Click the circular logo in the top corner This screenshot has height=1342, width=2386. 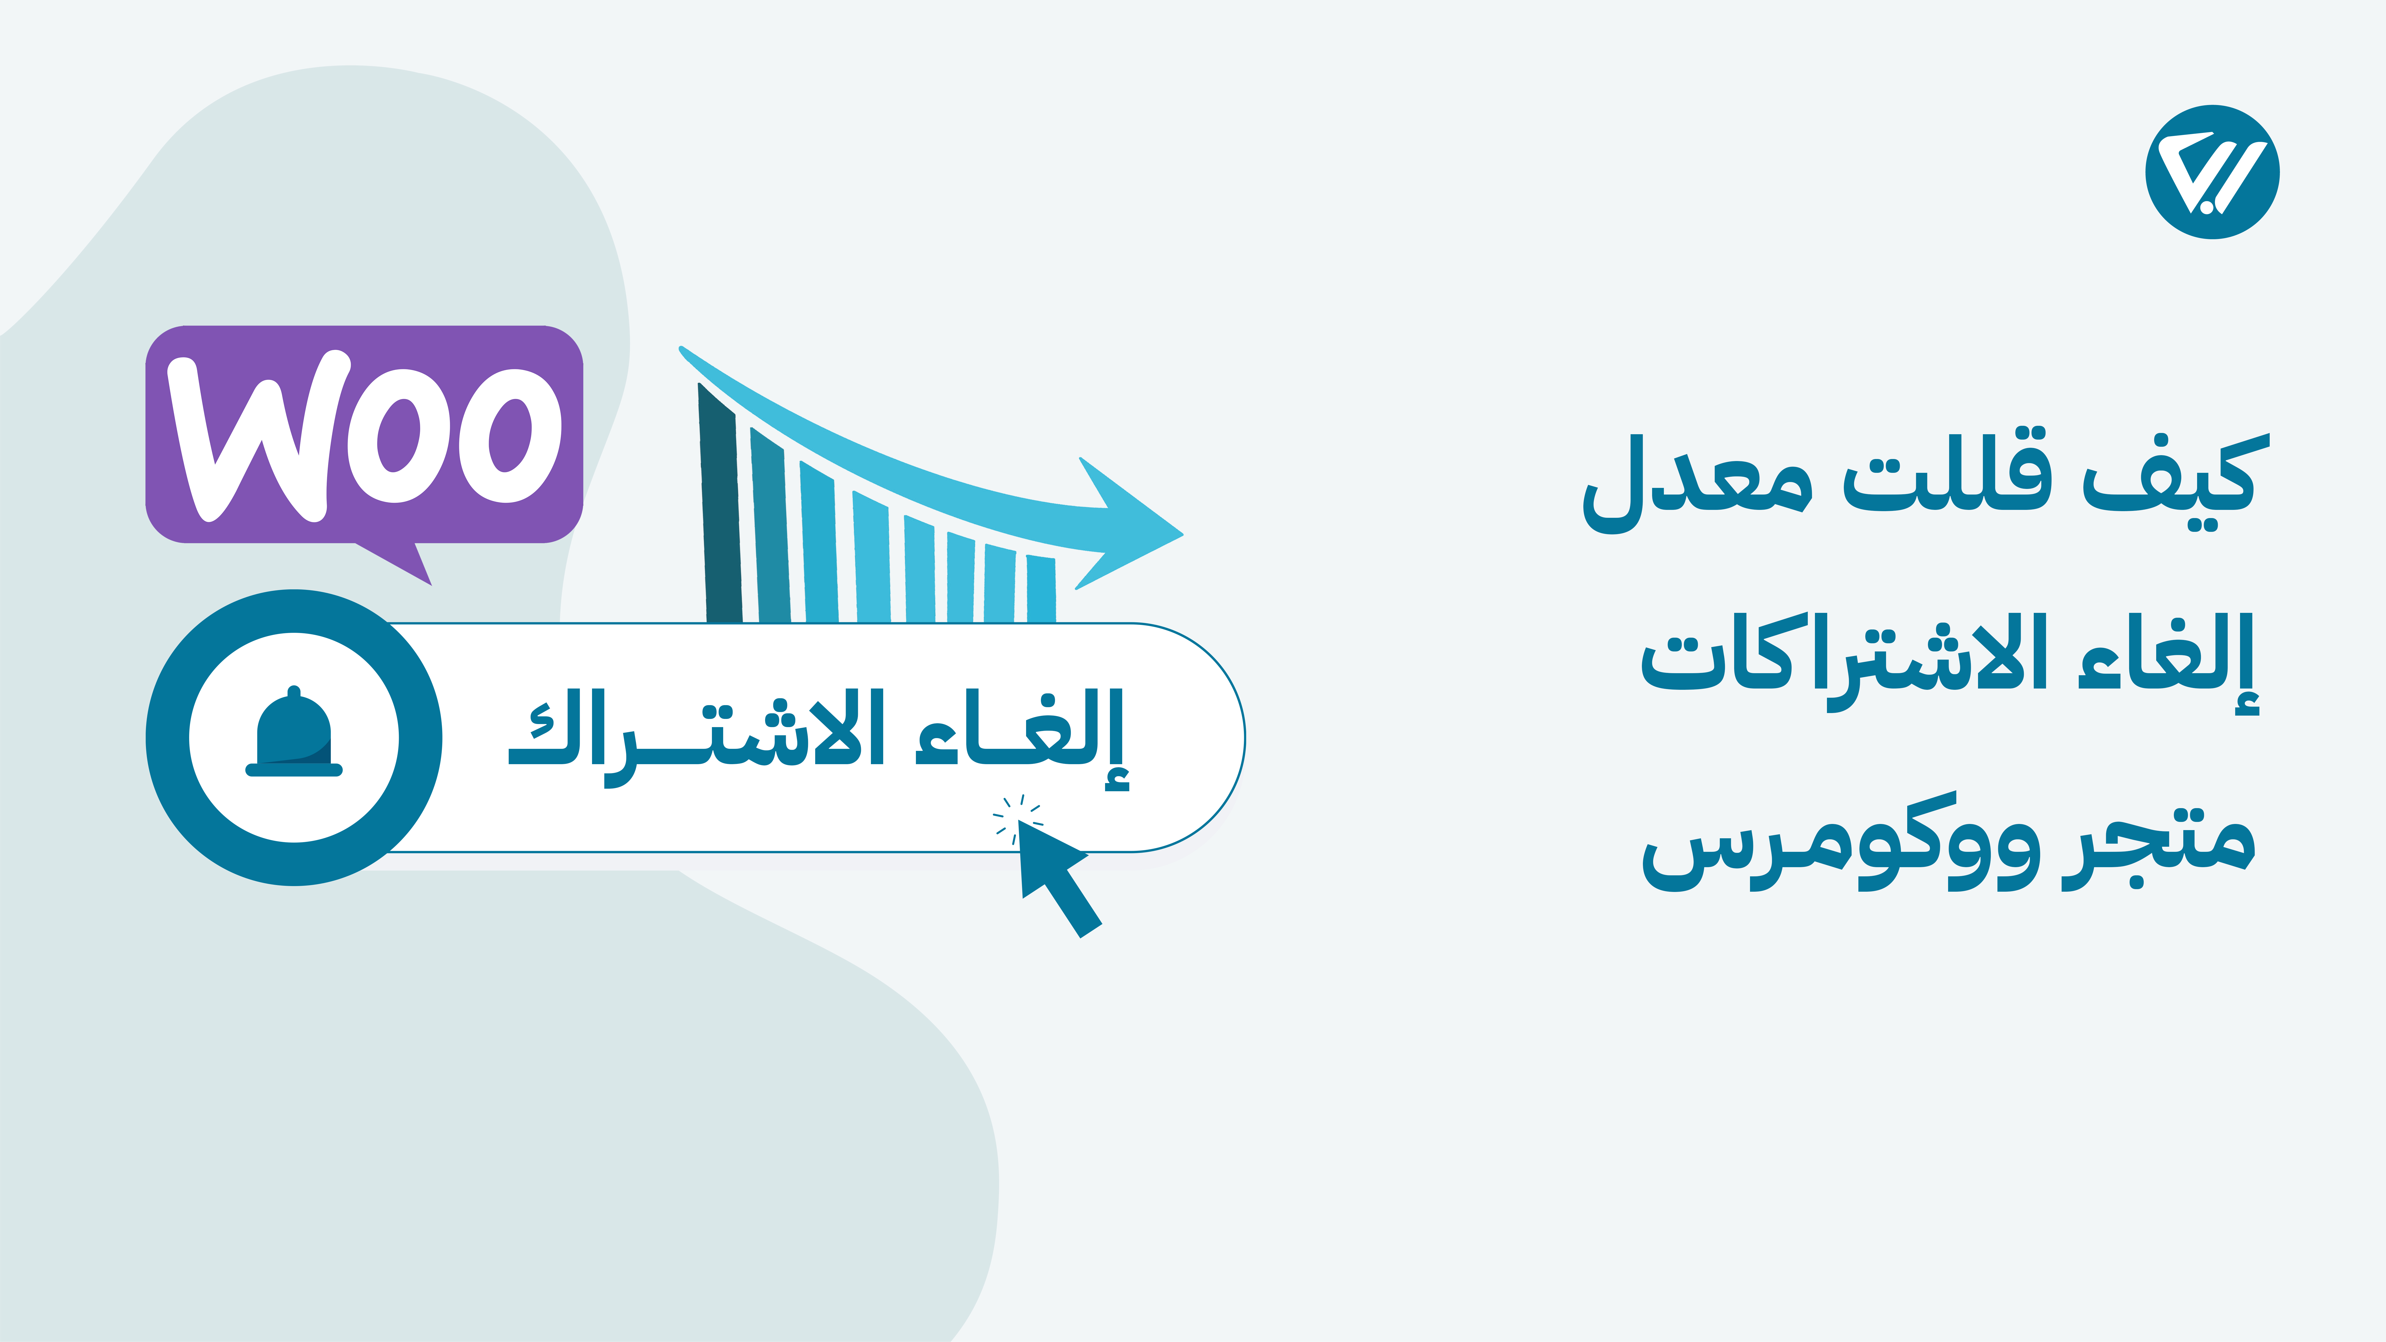point(2212,172)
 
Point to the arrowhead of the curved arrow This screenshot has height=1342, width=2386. point(1130,523)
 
